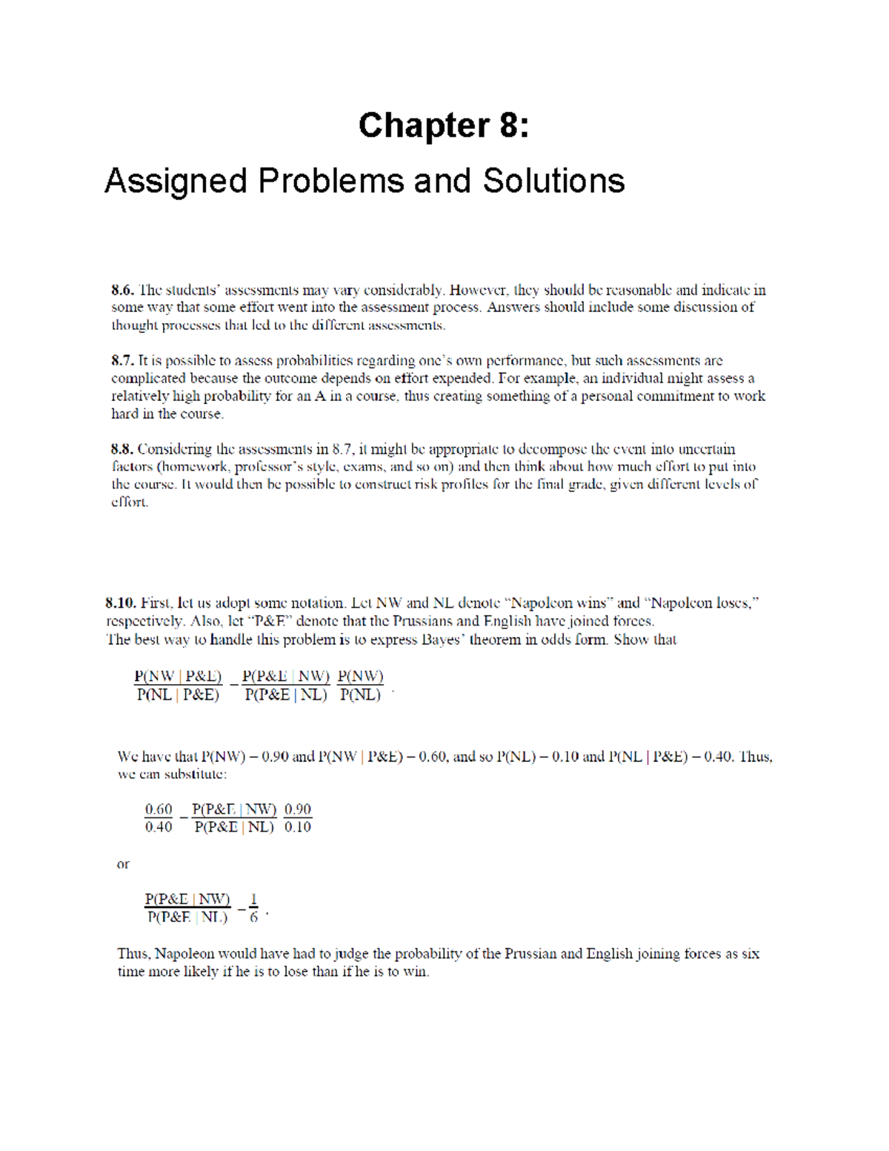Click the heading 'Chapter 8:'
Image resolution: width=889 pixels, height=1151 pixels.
coord(444,125)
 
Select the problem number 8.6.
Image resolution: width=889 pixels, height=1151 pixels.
coord(122,290)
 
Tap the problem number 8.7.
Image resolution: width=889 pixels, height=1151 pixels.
coord(122,361)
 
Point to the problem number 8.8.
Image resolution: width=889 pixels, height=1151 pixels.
coord(122,449)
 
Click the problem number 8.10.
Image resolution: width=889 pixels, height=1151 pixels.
coord(121,603)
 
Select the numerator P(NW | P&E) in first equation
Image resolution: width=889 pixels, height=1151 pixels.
coord(178,676)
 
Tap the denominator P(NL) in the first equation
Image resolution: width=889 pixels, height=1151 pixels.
coord(360,695)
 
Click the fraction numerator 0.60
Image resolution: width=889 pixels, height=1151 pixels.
coord(159,809)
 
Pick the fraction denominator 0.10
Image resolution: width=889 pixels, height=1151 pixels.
coord(297,827)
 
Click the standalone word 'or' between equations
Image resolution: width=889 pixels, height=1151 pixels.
coord(123,864)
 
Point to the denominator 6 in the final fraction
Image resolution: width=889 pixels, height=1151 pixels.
coord(254,918)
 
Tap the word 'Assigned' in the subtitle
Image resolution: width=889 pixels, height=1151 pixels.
coord(176,181)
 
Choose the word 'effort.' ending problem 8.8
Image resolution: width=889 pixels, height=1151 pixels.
coord(130,502)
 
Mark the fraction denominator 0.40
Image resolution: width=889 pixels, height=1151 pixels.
coord(159,827)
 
